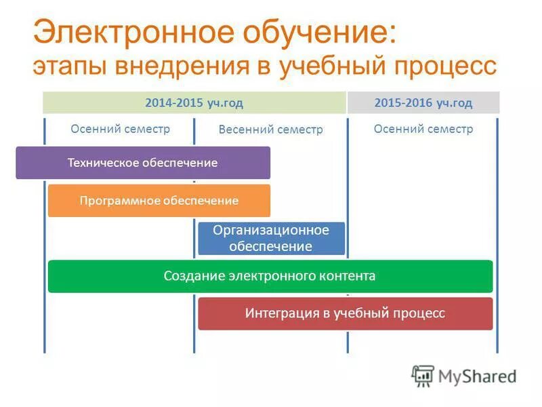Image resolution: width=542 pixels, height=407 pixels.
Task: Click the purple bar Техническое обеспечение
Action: tap(142, 163)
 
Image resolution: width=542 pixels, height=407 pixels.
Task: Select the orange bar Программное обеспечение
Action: tap(159, 201)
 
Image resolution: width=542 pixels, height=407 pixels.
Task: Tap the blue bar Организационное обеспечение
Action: tap(271, 238)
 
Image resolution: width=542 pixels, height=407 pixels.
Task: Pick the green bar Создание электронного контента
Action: tap(270, 276)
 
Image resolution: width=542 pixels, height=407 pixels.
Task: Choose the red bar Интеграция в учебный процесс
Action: tap(345, 313)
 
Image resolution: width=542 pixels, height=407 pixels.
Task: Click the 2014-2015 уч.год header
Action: tap(194, 102)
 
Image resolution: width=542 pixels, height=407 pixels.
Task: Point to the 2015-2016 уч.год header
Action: tap(423, 102)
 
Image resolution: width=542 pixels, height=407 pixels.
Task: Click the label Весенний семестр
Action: tap(270, 130)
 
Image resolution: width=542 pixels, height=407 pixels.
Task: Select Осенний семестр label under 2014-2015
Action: tap(120, 129)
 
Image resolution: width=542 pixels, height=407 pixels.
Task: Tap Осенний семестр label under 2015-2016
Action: tap(423, 129)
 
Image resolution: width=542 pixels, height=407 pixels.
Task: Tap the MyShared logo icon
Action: tap(423, 376)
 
